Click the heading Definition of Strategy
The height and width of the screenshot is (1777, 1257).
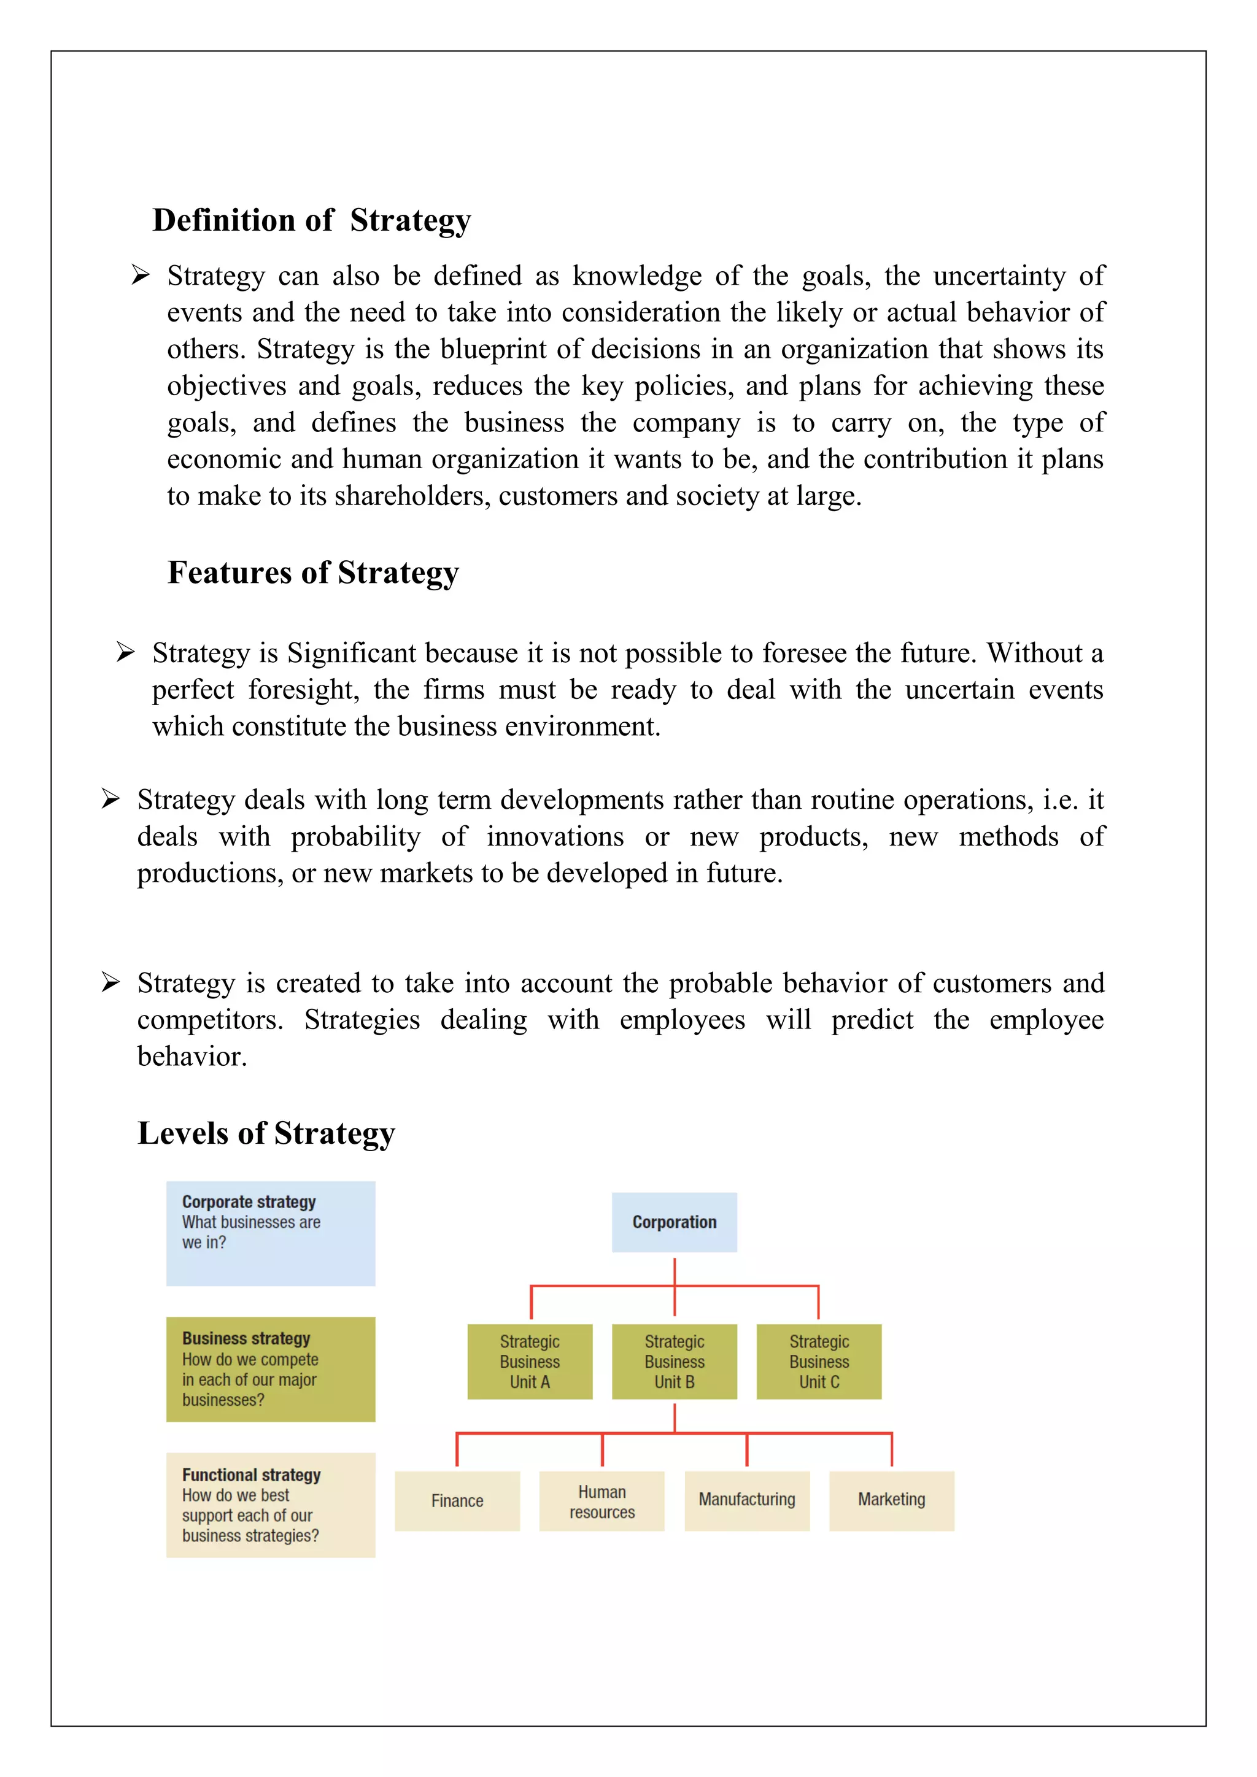311,220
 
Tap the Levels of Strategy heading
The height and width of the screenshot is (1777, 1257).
266,1133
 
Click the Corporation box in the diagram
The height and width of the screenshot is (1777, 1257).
674,1222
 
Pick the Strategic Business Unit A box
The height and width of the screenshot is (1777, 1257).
530,1362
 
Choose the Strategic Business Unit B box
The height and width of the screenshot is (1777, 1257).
674,1362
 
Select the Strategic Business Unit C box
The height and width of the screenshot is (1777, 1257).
819,1362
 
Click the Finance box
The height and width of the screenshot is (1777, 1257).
457,1501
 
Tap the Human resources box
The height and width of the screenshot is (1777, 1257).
601,1501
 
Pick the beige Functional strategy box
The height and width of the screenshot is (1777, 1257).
270,1505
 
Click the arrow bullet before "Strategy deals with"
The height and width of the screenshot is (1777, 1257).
110,799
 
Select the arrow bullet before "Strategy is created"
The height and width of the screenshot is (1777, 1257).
110,982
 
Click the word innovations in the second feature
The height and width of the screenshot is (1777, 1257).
555,836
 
